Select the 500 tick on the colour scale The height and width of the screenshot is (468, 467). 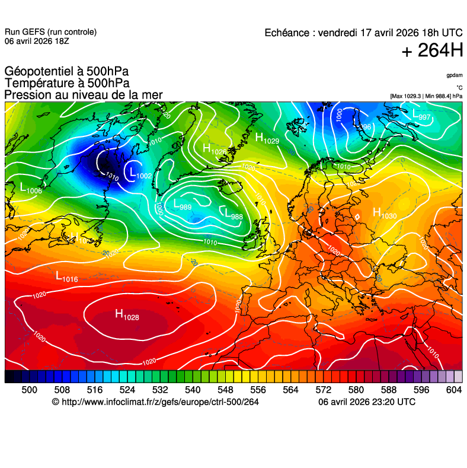(29, 389)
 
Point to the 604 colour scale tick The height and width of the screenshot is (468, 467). (453, 389)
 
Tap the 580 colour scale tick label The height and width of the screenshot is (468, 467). (356, 389)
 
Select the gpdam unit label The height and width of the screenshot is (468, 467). (455, 75)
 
